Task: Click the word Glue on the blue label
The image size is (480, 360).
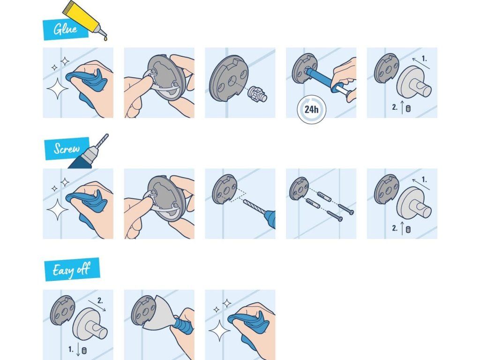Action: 65,29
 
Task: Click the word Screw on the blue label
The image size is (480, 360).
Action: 67,149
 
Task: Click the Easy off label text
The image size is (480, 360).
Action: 71,270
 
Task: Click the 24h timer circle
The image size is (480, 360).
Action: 311,109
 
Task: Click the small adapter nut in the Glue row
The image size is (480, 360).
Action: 257,94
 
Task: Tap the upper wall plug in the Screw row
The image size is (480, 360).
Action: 324,196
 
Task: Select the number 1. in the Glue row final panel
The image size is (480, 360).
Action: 424,58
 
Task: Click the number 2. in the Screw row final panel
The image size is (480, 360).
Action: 395,228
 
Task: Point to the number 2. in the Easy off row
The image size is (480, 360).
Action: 100,300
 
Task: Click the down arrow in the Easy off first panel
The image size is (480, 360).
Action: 78,349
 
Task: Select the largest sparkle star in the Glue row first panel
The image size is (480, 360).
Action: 57,88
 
